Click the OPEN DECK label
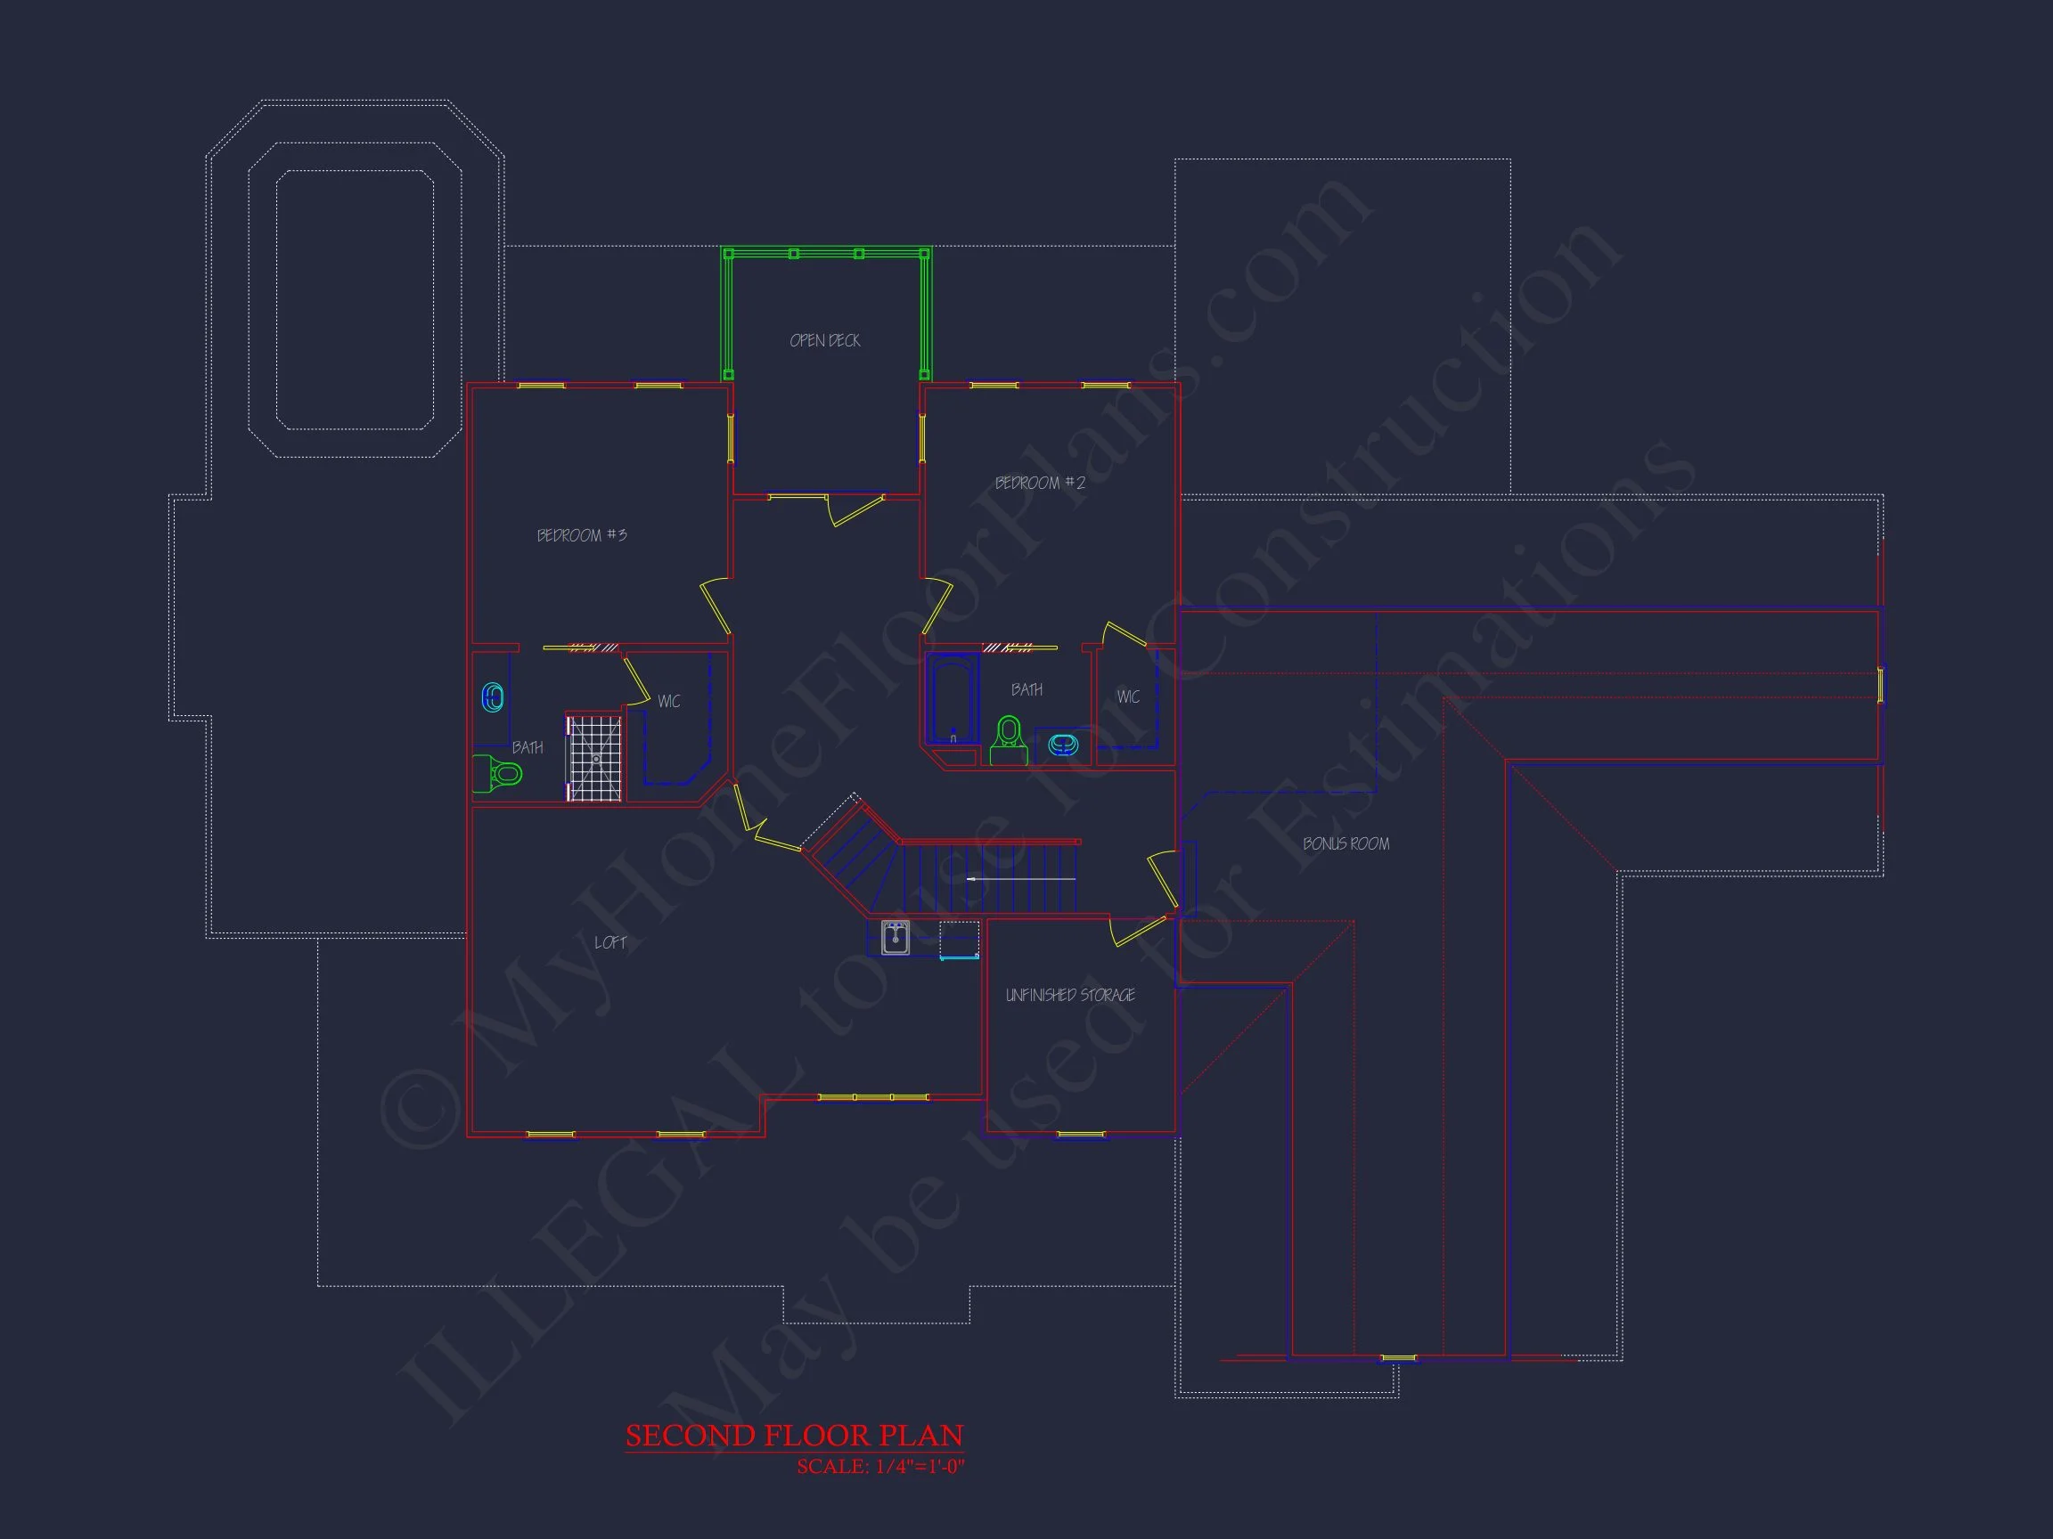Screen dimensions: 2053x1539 825,341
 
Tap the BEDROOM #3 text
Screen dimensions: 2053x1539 582,535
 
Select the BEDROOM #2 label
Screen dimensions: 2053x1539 1040,484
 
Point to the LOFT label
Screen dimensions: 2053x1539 609,942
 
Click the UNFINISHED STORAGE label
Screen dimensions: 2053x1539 1070,996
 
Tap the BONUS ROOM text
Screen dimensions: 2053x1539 1345,844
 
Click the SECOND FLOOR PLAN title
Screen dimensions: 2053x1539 795,1436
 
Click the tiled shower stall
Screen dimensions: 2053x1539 594,757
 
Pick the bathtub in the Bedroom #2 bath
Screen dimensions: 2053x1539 953,698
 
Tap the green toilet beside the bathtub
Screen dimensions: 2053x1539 1009,740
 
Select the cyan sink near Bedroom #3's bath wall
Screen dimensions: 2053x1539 493,697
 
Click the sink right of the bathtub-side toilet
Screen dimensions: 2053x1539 1063,744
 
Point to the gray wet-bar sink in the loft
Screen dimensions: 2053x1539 895,938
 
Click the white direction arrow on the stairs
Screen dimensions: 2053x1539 1021,878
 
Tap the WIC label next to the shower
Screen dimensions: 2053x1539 668,701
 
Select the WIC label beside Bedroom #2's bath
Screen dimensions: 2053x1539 1128,696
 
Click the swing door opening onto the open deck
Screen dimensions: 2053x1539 855,511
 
